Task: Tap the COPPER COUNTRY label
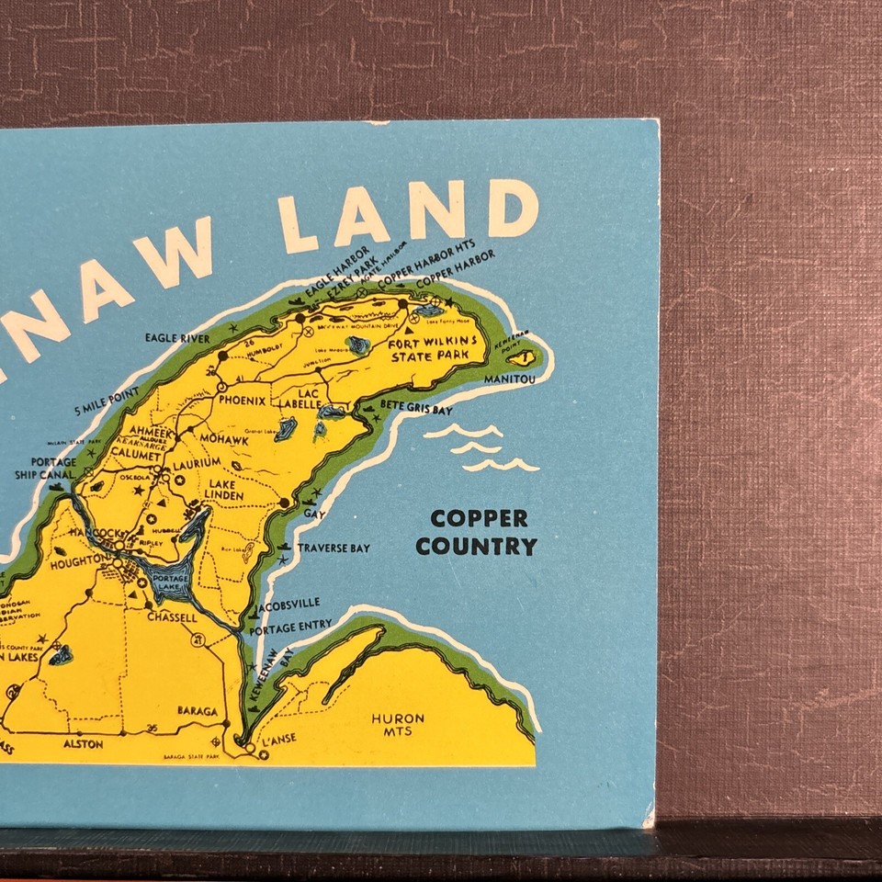tap(476, 532)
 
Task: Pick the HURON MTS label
tap(398, 724)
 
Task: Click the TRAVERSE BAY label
tap(333, 548)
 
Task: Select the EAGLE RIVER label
tap(177, 338)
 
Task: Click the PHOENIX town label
tap(242, 401)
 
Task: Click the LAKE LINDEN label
tap(226, 490)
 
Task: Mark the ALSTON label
tap(83, 744)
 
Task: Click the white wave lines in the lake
tap(482, 448)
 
